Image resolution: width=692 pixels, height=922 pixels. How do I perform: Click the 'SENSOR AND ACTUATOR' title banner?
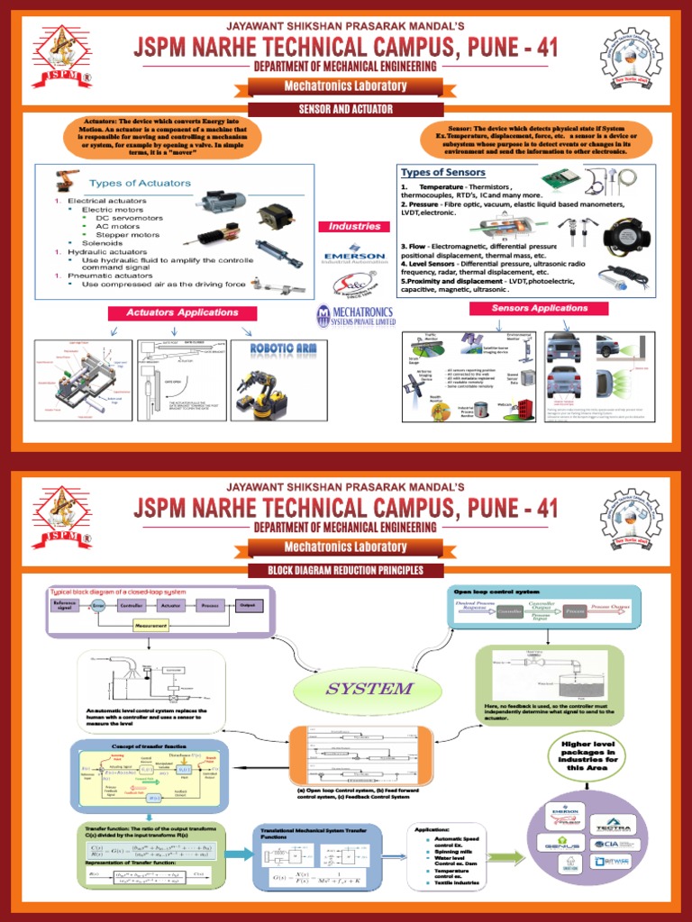point(346,109)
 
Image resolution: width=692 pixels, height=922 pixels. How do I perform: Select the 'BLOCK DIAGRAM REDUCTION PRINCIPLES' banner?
point(346,570)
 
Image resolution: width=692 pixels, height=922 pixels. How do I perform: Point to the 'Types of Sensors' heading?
point(443,172)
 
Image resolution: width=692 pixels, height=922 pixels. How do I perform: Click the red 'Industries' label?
point(354,227)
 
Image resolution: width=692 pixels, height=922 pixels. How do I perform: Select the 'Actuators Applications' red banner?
point(182,312)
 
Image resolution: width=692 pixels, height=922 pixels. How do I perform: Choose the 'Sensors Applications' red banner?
point(539,308)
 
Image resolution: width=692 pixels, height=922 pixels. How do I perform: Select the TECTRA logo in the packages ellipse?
point(619,824)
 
